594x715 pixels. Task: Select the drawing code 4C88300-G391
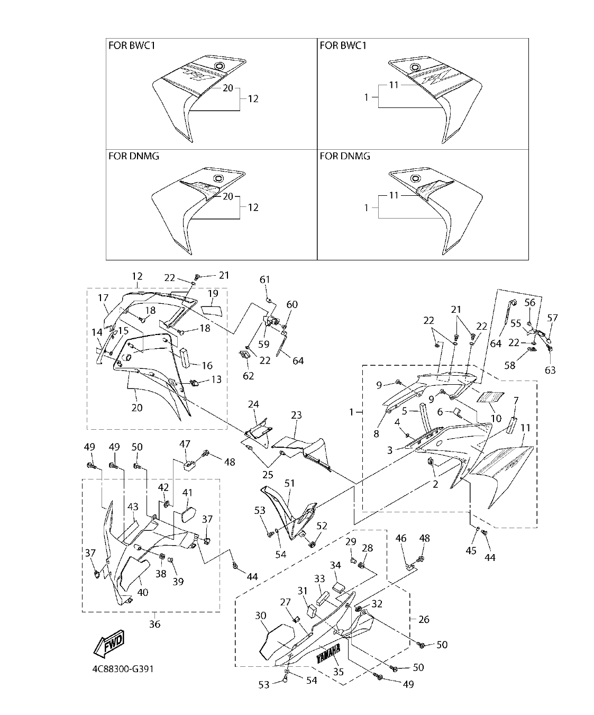pyautogui.click(x=123, y=668)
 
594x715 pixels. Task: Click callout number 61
pyautogui.click(x=264, y=279)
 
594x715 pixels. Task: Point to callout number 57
pyautogui.click(x=552, y=318)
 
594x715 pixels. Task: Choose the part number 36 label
pyautogui.click(x=154, y=624)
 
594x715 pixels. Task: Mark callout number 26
pyautogui.click(x=424, y=619)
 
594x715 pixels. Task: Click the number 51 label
pyautogui.click(x=289, y=483)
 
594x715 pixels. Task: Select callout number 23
pyautogui.click(x=296, y=415)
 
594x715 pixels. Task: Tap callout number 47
pyautogui.click(x=185, y=444)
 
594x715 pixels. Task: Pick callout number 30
pyautogui.click(x=261, y=616)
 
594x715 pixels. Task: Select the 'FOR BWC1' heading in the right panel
pyautogui.click(x=343, y=46)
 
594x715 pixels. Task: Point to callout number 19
pyautogui.click(x=213, y=293)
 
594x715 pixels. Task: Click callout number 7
pyautogui.click(x=516, y=400)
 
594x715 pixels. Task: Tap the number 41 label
pyautogui.click(x=188, y=493)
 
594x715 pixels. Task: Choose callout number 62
pyautogui.click(x=248, y=376)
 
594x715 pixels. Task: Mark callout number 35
pyautogui.click(x=339, y=672)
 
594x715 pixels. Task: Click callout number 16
pyautogui.click(x=207, y=365)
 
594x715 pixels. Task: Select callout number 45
pyautogui.click(x=471, y=550)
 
